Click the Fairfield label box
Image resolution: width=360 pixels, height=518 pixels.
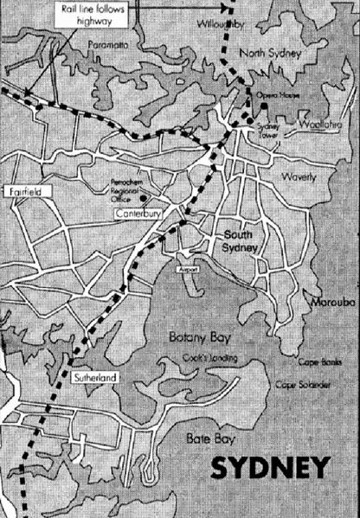pyautogui.click(x=25, y=189)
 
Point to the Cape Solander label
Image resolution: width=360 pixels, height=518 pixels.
pyautogui.click(x=301, y=384)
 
